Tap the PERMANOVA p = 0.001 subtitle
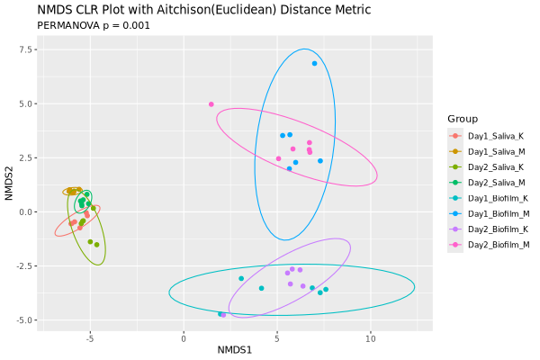tap(93, 25)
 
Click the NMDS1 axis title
tap(235, 350)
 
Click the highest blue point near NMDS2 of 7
tap(314, 63)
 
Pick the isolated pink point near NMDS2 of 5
tap(211, 104)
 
